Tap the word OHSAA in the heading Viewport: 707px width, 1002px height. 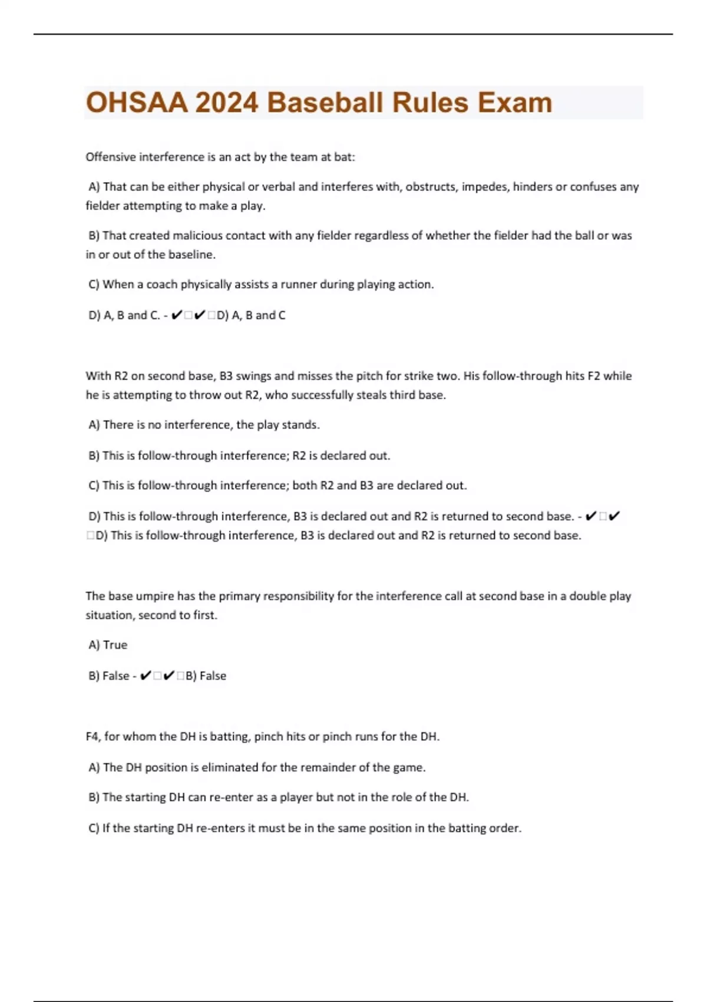point(137,103)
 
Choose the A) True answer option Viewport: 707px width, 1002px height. point(108,645)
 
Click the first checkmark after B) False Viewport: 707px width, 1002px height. point(146,675)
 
